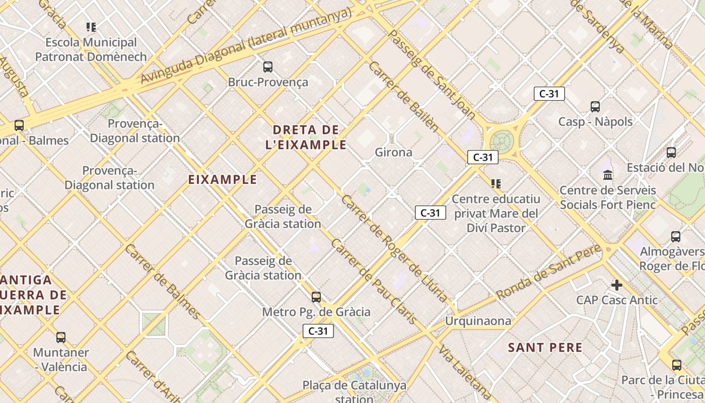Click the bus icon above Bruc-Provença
click(268, 66)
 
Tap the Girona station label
click(393, 152)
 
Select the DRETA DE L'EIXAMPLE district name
click(306, 138)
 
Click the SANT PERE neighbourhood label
click(545, 348)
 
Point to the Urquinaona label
click(478, 321)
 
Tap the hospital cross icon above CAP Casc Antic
click(616, 285)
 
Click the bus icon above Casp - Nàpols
click(595, 106)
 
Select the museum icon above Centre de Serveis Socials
click(608, 175)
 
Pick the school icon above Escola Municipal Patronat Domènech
click(91, 27)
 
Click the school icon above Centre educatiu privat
click(496, 184)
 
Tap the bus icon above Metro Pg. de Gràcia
click(316, 297)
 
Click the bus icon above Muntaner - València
click(61, 338)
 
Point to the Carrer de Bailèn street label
click(403, 96)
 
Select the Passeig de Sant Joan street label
click(432, 75)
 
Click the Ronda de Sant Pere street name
click(548, 272)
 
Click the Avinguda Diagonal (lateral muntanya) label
click(245, 46)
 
